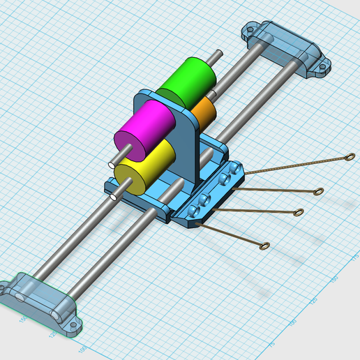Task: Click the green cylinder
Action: (185, 83)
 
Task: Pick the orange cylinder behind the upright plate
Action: (207, 111)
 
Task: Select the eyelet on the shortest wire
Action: (265, 245)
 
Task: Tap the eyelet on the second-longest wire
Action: (318, 190)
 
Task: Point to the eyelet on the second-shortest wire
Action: (298, 213)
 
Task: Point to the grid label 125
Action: (53, 336)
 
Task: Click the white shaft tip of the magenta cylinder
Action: (114, 163)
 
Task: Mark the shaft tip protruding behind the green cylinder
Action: (220, 52)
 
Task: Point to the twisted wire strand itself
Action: (279, 167)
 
